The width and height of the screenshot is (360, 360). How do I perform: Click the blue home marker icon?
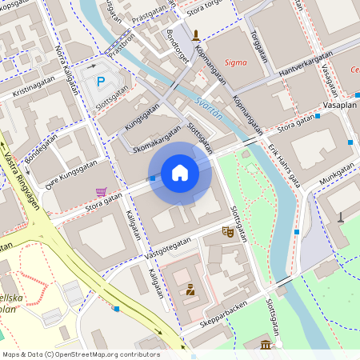pos(180,173)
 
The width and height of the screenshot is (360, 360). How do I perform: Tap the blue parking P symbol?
pos(101,81)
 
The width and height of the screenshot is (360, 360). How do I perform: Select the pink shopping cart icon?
pos(101,192)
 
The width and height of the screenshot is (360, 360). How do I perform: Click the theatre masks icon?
pos(228,232)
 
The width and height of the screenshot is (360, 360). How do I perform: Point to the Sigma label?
pos(236,62)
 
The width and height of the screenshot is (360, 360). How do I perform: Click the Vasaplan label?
pos(340,105)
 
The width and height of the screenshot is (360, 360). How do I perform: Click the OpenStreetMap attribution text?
pos(80,354)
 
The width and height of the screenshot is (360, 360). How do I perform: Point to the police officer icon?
pos(190,290)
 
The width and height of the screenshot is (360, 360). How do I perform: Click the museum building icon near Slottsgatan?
pos(266,345)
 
